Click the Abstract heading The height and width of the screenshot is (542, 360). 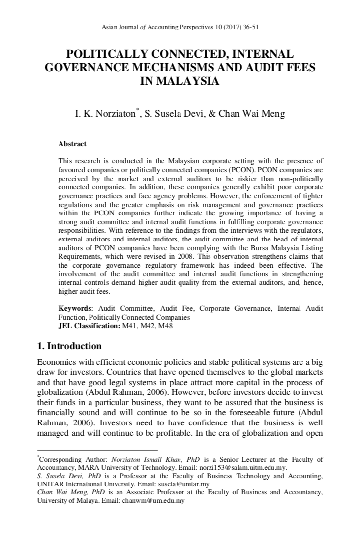click(x=72, y=144)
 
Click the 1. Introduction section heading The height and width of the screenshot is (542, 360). click(x=70, y=346)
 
